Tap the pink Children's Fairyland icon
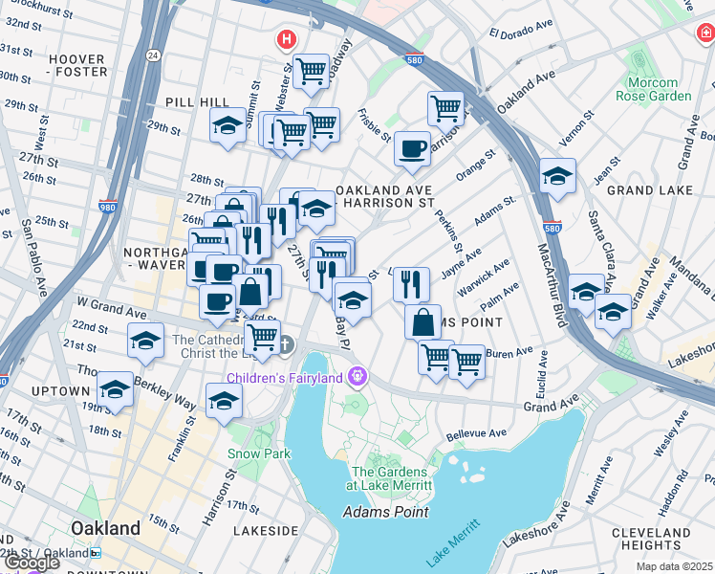pos(358,374)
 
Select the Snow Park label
pos(258,454)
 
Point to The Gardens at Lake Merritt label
pos(392,477)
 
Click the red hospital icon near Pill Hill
pos(285,40)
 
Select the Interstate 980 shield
pos(108,206)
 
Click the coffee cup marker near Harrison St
pos(412,149)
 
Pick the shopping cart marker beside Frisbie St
pos(445,108)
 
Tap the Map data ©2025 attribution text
pos(675,566)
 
